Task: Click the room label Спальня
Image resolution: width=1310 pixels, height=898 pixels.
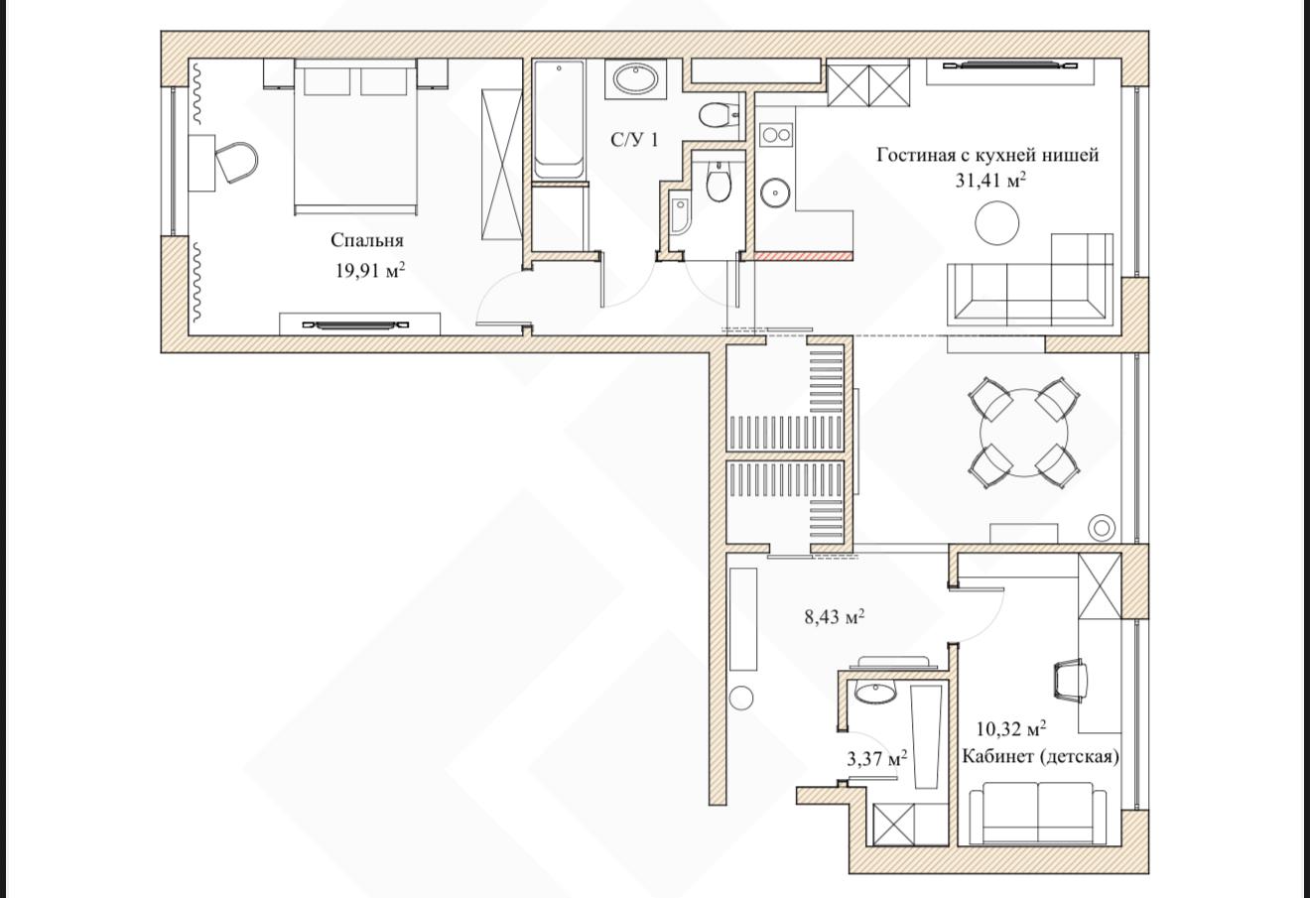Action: pos(366,241)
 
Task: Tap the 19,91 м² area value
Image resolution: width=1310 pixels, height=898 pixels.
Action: pos(370,271)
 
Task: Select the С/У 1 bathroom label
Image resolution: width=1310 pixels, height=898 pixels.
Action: pos(634,140)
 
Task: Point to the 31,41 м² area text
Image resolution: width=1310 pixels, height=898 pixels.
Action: pos(990,180)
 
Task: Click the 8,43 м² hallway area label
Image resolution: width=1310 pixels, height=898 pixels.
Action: pos(835,617)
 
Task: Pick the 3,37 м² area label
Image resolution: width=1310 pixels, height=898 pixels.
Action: pos(877,759)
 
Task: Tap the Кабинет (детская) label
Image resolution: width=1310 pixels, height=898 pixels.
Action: pos(1041,756)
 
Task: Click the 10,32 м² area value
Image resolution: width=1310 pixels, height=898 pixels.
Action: pos(1011,729)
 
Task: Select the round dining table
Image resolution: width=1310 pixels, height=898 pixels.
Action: pos(1024,433)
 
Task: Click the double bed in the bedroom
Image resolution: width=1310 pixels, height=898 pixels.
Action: pos(355,136)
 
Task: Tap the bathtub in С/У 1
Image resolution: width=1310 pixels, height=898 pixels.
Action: pos(559,120)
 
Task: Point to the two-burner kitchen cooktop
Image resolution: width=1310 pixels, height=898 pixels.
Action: pos(776,135)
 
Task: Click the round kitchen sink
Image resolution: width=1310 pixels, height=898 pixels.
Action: pos(775,192)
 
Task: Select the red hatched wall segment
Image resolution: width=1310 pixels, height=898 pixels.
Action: pos(804,255)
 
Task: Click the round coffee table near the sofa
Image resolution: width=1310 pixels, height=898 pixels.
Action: pos(997,222)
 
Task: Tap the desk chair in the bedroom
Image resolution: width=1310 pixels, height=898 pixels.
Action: pos(236,162)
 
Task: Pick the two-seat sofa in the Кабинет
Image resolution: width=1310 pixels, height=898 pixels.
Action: pos(1038,814)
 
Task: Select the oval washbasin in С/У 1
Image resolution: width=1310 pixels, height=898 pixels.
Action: pos(634,79)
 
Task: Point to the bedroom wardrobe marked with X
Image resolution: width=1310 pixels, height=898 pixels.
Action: pos(501,165)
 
